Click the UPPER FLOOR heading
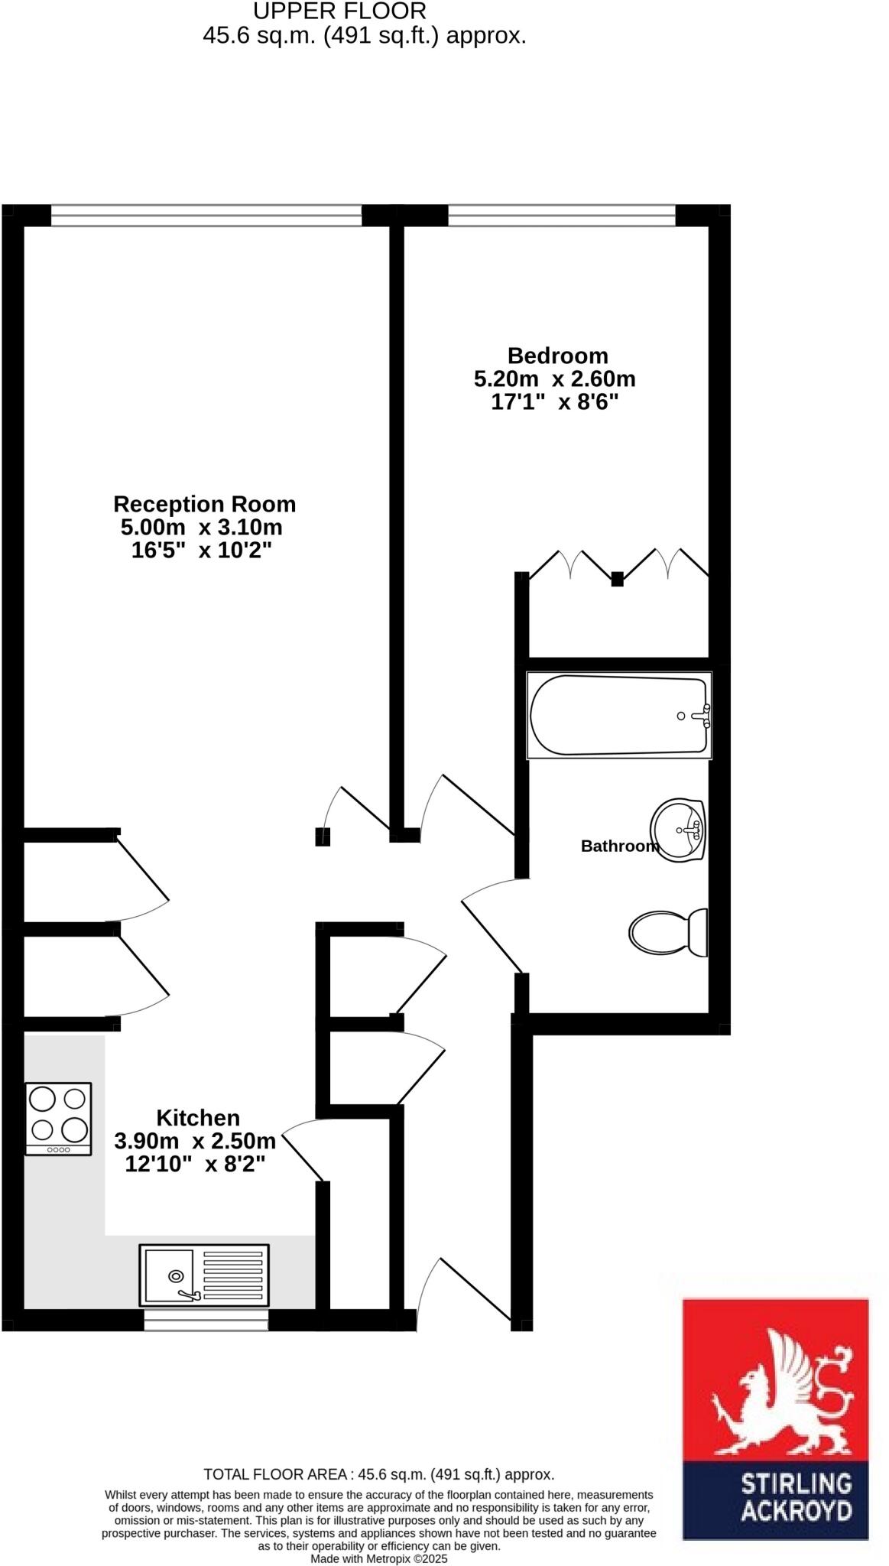pos(339,11)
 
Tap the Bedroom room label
pos(558,356)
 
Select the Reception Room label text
pos(204,504)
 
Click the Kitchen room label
pos(198,1117)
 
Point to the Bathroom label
pos(619,846)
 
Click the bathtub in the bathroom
pos(619,716)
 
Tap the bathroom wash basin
pos(678,830)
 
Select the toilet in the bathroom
pos(668,932)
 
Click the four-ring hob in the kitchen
pos(58,1118)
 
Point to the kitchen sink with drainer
pos(204,1275)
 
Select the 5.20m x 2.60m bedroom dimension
pos(555,379)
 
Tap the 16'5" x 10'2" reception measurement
pos(202,550)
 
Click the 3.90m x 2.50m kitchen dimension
pos(195,1141)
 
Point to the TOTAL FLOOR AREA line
pos(379,1474)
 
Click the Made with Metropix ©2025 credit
pos(379,1558)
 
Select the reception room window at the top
pos(206,216)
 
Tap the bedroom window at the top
pos(562,216)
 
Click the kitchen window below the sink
pos(206,1321)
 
